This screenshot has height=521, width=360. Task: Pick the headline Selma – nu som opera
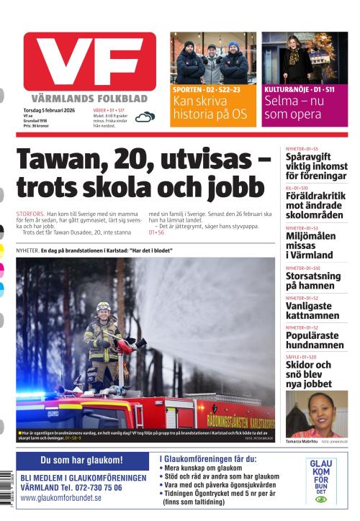295,108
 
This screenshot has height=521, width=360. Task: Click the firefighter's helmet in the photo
104,307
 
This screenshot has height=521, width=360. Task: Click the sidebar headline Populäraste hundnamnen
315,340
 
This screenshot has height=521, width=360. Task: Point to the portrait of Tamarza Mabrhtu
316,413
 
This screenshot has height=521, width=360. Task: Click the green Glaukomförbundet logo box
320,481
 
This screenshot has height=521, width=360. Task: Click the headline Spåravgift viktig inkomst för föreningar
315,166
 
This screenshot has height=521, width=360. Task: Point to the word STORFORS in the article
30,214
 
